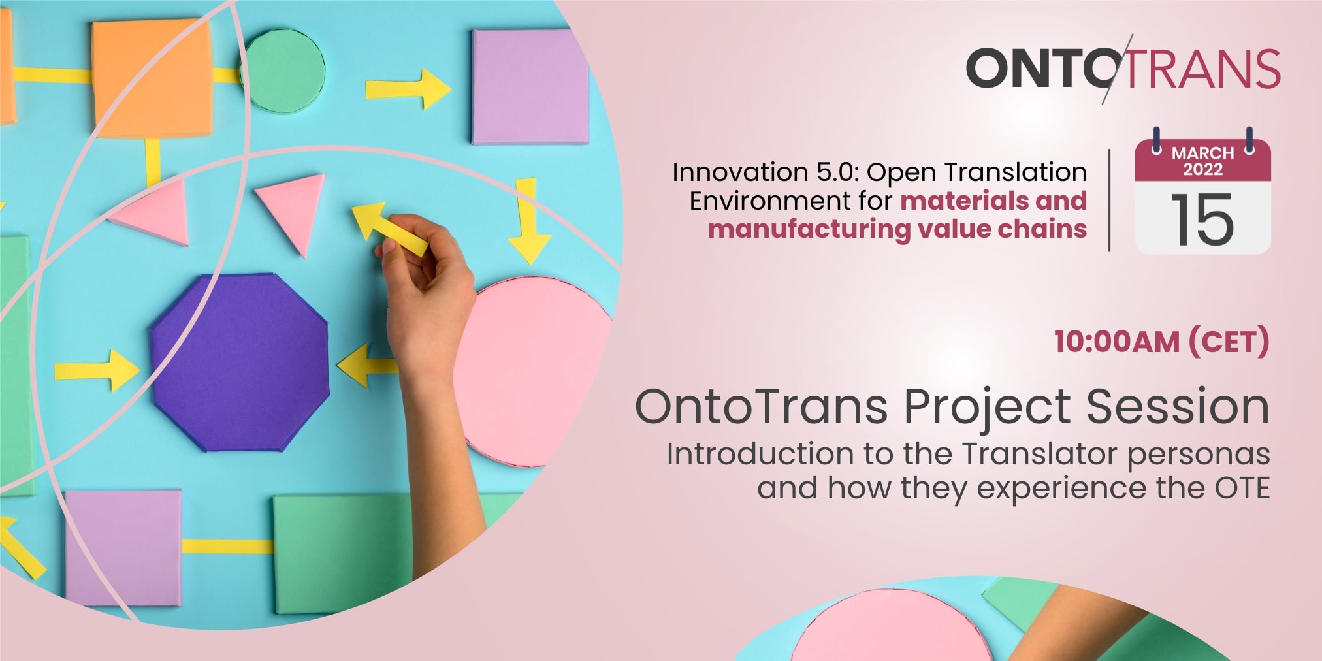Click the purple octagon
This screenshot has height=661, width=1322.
pos(240,363)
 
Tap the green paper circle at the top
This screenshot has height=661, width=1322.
pos(283,71)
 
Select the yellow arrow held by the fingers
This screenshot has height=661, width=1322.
pos(389,228)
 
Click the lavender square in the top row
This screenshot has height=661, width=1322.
pos(530,86)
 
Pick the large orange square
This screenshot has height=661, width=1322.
pos(152,78)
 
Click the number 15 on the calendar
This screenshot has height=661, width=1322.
pos(1202,219)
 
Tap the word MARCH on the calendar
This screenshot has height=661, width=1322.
pos(1202,153)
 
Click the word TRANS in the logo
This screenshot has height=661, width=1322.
pos(1202,68)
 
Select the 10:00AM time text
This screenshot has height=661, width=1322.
pos(1116,342)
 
